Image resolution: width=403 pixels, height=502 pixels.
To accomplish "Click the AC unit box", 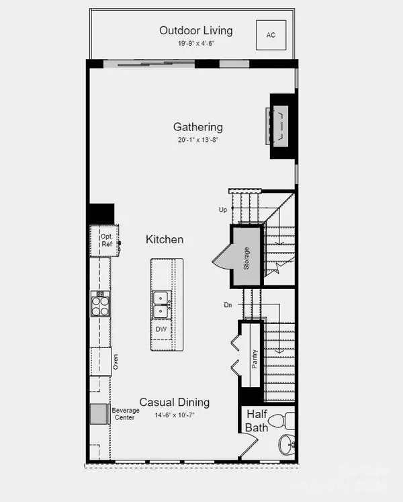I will click(x=271, y=34).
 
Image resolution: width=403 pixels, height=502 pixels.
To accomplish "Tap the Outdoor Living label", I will click(x=196, y=30).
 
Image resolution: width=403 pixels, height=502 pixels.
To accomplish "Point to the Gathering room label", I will click(x=198, y=126).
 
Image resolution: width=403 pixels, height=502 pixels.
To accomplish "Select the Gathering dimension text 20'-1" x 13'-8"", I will click(x=198, y=140).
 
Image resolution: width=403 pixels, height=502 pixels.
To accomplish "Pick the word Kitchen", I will click(x=165, y=239).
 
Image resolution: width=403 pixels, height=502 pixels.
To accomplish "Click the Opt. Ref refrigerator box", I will click(x=107, y=241).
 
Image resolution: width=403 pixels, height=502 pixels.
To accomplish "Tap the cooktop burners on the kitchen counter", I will click(x=100, y=303).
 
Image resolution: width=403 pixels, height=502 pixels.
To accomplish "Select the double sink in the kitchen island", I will click(x=161, y=304).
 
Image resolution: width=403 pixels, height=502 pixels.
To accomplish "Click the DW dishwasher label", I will click(x=161, y=329).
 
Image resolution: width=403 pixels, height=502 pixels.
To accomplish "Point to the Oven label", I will click(x=116, y=362).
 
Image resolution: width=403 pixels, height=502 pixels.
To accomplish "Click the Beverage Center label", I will click(x=126, y=414).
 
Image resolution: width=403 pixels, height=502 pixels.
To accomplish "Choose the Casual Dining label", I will click(x=175, y=403).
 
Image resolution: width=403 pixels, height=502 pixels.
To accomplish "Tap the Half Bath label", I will click(x=257, y=421).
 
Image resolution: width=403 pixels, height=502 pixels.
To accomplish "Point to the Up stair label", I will click(x=224, y=210).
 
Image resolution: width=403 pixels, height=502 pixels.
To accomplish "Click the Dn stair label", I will click(x=228, y=305).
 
